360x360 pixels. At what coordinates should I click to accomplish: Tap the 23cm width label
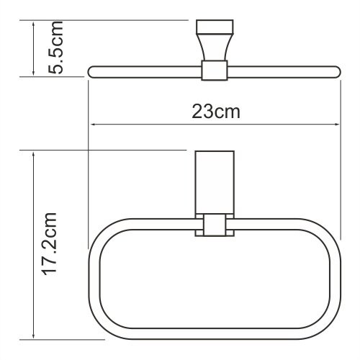(215, 112)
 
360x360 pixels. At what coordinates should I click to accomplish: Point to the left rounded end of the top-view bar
(92, 71)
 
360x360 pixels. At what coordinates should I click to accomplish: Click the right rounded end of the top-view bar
(335, 71)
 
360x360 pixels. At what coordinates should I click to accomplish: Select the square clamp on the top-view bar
(214, 71)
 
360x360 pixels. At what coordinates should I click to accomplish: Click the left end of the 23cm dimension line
(89, 124)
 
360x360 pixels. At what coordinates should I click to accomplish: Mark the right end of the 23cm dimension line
(339, 124)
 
